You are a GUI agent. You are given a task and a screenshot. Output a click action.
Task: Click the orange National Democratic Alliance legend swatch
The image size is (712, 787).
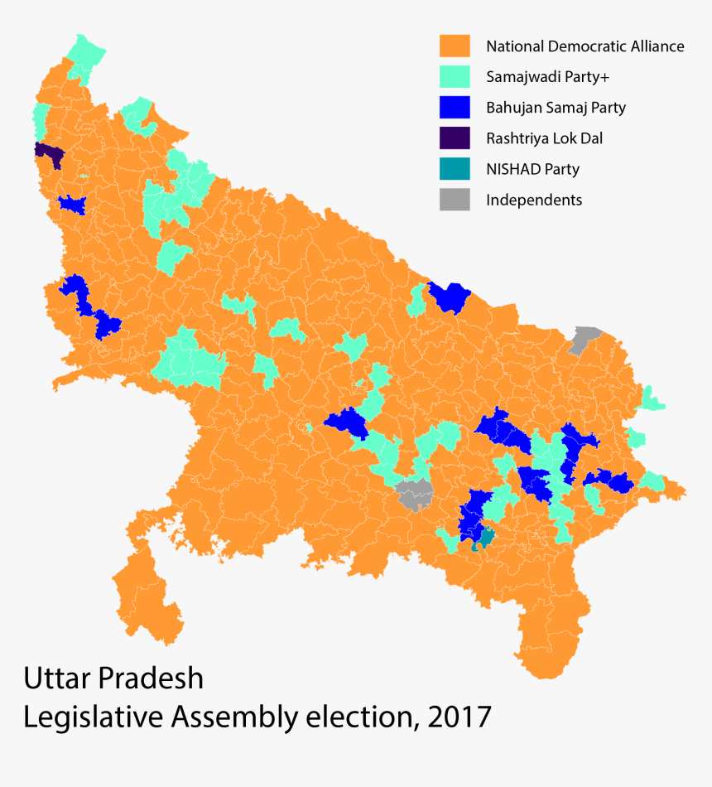click(455, 46)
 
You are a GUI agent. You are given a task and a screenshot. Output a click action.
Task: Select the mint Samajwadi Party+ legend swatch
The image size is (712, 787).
click(455, 76)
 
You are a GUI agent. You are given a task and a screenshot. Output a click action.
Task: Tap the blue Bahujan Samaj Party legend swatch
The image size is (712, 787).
click(455, 107)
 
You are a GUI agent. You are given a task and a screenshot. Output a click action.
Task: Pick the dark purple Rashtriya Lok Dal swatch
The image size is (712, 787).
click(455, 138)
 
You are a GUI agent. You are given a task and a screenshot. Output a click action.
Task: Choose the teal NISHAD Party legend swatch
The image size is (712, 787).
click(455, 168)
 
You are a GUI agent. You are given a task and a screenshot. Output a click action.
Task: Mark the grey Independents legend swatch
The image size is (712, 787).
click(455, 199)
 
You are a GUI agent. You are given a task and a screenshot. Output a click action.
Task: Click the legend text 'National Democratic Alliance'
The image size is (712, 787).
click(585, 46)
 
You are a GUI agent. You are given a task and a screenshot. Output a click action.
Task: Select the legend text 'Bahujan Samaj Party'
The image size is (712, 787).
click(556, 108)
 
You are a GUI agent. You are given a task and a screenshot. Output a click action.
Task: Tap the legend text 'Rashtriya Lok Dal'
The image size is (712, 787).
click(544, 138)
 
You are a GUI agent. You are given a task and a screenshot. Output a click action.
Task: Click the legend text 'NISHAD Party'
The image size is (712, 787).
click(532, 169)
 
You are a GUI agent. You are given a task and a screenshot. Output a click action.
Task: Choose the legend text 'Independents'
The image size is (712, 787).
click(534, 200)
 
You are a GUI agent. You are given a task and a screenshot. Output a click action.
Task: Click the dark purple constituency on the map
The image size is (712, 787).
click(49, 154)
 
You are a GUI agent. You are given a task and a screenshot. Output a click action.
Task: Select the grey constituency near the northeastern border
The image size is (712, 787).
click(586, 337)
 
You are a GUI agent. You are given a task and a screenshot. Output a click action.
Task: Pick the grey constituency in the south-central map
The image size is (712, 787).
click(415, 494)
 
